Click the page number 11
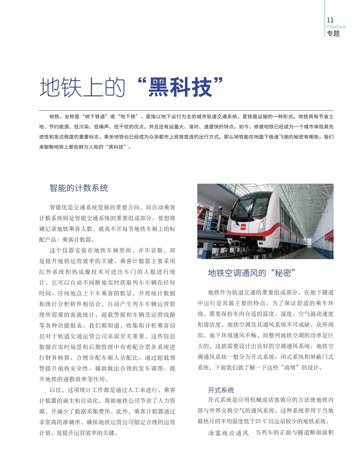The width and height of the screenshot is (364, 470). click(x=330, y=20)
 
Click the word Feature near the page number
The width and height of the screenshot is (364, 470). click(x=336, y=27)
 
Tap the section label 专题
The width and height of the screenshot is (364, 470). click(x=333, y=33)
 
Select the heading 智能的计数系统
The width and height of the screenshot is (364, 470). click(x=79, y=188)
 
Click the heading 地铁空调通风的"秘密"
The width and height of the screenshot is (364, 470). click(x=251, y=273)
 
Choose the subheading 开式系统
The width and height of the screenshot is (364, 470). click(x=221, y=390)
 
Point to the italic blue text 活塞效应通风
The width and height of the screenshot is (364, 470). click(x=228, y=433)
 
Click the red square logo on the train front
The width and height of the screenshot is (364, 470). click(x=243, y=226)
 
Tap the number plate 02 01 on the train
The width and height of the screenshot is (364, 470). click(x=243, y=237)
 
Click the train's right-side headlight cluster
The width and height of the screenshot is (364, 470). click(x=262, y=226)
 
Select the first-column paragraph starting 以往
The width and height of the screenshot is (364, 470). click(x=107, y=411)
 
